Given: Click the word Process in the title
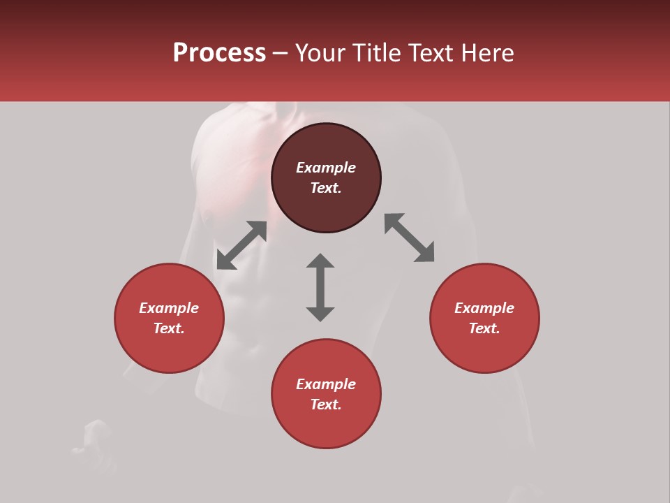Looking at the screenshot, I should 219,53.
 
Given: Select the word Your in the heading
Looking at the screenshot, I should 322,53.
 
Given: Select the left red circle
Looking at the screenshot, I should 169,349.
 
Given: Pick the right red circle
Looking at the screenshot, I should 484,349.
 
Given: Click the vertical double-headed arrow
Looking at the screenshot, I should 320,287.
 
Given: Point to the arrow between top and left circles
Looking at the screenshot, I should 241,245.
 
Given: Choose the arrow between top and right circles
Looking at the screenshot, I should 410,238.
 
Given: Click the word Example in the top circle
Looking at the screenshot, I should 326,168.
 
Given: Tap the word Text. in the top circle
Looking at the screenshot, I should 326,188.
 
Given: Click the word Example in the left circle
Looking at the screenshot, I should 169,308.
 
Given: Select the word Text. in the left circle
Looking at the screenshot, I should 169,328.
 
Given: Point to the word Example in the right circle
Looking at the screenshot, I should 484,308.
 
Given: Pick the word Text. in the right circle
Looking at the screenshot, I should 484,328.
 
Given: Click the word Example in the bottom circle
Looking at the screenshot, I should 326,384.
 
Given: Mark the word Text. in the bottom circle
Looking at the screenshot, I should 326,404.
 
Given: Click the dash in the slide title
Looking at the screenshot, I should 281,54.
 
